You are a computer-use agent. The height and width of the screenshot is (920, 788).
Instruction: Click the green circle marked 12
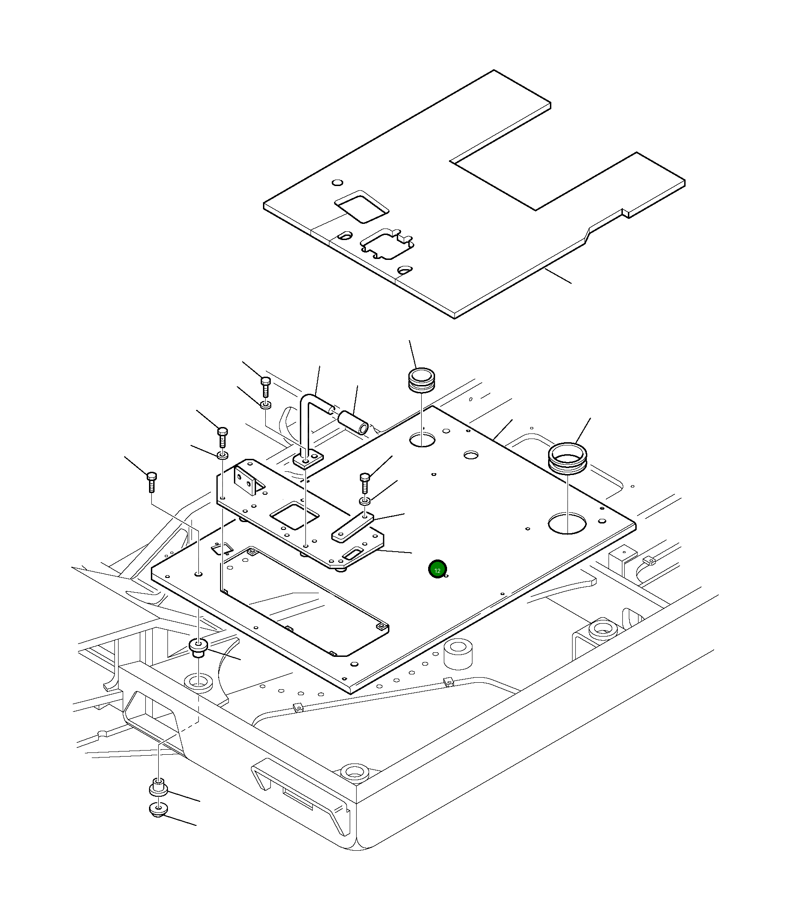437,569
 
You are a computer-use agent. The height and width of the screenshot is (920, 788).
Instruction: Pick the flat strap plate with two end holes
352,527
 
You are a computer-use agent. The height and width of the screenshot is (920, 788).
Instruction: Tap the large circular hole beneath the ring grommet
567,523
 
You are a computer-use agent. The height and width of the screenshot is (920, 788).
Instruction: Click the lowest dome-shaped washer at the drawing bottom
158,809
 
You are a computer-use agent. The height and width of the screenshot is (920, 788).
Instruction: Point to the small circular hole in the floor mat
338,182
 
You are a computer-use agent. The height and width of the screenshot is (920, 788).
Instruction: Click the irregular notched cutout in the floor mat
387,243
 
